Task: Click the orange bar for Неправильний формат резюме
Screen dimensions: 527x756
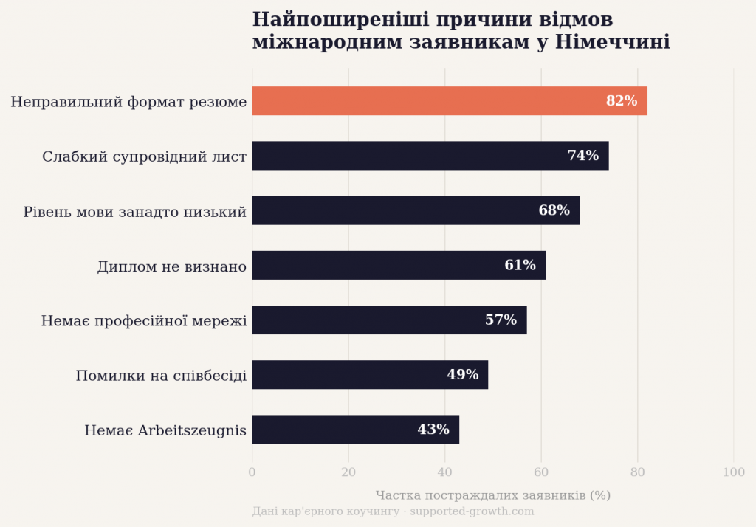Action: tap(428, 101)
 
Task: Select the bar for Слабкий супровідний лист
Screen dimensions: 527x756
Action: tap(413, 156)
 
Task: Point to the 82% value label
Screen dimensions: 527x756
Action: tap(622, 101)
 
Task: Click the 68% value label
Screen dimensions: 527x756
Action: tap(554, 210)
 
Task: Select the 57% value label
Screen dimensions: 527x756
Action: tap(501, 320)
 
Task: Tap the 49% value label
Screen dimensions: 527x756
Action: tap(462, 375)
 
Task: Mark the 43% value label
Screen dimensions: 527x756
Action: tap(433, 430)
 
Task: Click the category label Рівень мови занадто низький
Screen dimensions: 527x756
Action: tap(134, 212)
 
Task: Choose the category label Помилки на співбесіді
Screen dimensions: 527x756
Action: tap(161, 376)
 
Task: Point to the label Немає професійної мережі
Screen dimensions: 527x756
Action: tap(144, 321)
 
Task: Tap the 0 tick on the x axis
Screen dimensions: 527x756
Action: tap(252, 472)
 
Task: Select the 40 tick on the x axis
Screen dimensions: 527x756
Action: tap(444, 472)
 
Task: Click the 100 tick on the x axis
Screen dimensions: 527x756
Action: tap(733, 472)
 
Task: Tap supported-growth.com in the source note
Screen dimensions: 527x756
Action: tap(472, 512)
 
